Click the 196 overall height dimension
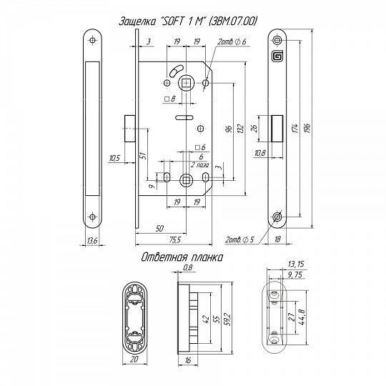(x=307, y=128)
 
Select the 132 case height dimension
(x=241, y=128)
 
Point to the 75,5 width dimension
(x=175, y=239)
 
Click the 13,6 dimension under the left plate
(x=92, y=240)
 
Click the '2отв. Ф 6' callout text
(x=232, y=41)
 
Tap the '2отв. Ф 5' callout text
(x=239, y=239)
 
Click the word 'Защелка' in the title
(x=137, y=21)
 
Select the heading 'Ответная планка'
(x=182, y=257)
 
